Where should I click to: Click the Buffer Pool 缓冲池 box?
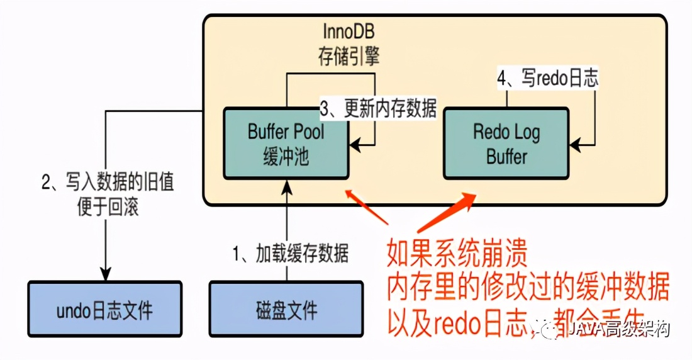286,143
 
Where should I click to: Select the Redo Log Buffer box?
506,143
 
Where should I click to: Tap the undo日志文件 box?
105,310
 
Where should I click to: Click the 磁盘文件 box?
287,310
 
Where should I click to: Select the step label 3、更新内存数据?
378,108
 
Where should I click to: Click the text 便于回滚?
107,207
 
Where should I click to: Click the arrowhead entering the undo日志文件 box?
105,274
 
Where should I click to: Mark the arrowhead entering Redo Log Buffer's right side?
574,144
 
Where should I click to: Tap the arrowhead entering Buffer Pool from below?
287,184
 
